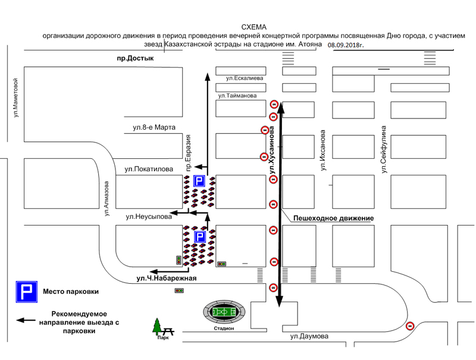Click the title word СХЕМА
[254, 27]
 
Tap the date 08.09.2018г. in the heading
[346, 45]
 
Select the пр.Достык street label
[135, 58]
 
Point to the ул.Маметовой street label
[16, 98]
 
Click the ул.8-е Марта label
[154, 127]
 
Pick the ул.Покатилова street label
[149, 169]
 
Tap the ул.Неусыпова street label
[149, 217]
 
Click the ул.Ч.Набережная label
[167, 278]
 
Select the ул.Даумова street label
[309, 336]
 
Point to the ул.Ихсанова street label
[322, 151]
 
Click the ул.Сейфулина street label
[384, 149]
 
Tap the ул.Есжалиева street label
[245, 78]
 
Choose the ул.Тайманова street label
[237, 96]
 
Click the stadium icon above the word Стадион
[224, 312]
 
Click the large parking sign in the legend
[27, 292]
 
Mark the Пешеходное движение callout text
[333, 218]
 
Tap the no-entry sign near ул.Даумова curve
[410, 326]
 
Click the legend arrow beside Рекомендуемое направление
[26, 320]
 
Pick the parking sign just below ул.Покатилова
[199, 181]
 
